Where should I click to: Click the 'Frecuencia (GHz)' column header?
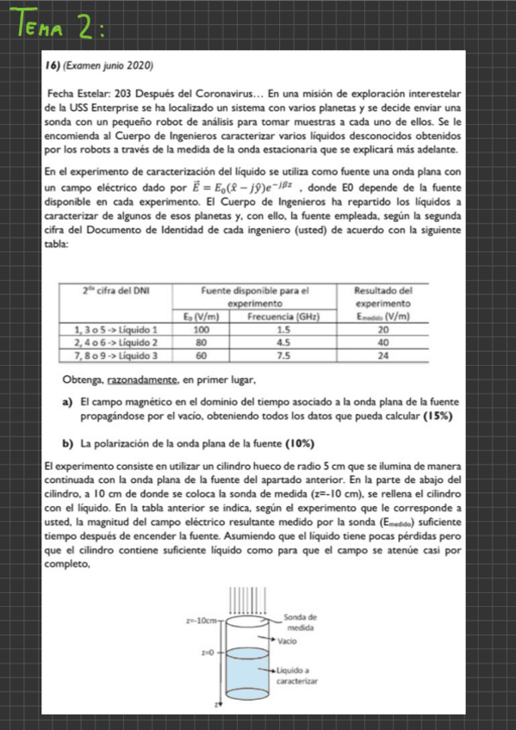[x=282, y=316]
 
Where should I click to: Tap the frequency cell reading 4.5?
[x=282, y=342]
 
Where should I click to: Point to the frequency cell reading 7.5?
[x=282, y=354]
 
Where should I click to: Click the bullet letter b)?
[x=66, y=442]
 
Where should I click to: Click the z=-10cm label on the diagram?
[x=202, y=619]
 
